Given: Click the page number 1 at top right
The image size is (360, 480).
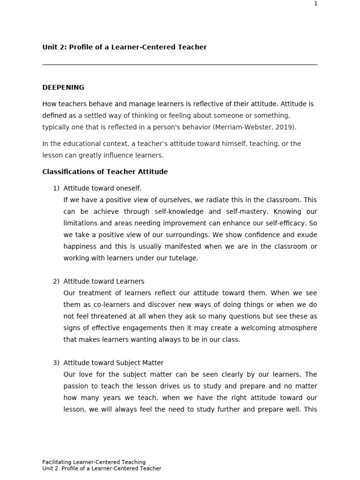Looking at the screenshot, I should coord(315,4).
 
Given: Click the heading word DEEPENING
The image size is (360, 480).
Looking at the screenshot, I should coord(63,88).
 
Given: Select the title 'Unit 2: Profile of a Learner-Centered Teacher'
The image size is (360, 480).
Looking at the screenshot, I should coord(124,47).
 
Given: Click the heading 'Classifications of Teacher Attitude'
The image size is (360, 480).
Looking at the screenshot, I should coord(105,172).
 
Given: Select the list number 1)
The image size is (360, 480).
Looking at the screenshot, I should coord(56,188).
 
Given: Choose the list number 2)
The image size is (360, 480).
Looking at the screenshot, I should coord(56,282).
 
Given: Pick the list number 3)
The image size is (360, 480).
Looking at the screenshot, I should coord(56,363).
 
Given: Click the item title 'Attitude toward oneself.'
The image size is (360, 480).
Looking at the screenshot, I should coord(102,188).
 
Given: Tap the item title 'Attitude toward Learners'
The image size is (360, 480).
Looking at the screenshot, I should coord(104,282).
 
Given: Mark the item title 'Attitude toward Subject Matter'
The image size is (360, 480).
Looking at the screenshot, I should coord(113,363).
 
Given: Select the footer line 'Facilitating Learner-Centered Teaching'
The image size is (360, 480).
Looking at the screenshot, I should coord(94,462).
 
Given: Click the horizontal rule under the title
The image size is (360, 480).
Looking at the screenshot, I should coord(180,65).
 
